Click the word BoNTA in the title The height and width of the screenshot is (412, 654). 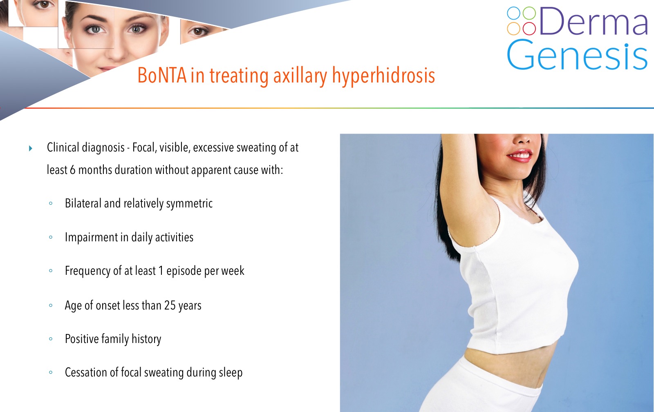click(162, 76)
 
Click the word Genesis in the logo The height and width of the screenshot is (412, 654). click(577, 55)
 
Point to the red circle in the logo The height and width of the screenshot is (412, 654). click(529, 28)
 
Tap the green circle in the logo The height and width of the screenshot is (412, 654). click(529, 13)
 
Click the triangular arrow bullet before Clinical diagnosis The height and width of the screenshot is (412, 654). click(31, 148)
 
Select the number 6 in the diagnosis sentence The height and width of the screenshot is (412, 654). click(72, 170)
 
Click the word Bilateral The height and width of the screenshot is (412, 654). click(83, 203)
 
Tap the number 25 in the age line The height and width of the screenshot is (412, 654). click(170, 305)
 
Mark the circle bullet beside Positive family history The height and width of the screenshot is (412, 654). click(51, 339)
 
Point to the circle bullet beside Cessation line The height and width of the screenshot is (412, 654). click(51, 372)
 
